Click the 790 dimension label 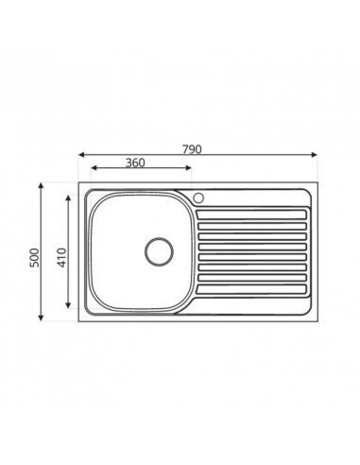point(192,149)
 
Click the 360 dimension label point(135,163)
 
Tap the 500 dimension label point(34,257)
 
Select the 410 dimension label point(62,257)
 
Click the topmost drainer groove point(251,215)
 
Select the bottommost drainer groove point(251,289)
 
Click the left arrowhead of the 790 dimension point(81,154)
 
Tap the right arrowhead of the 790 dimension point(314,154)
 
